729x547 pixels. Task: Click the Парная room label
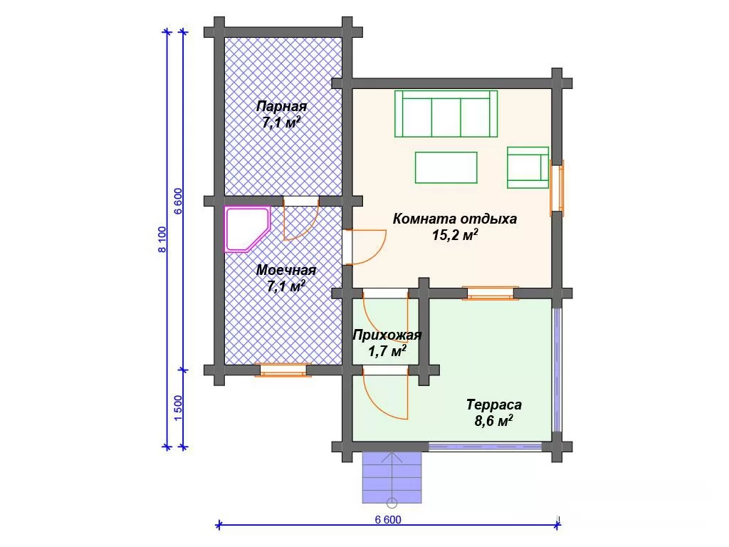[282, 107]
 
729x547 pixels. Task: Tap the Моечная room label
[286, 270]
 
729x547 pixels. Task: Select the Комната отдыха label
[455, 219]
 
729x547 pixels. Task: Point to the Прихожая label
[387, 335]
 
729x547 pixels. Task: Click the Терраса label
[494, 405]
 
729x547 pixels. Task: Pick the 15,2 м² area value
[455, 235]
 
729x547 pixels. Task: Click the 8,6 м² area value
[493, 422]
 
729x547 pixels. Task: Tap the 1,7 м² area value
[387, 351]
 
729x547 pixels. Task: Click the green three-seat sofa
[446, 114]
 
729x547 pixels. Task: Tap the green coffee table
[446, 167]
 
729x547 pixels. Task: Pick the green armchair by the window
[528, 167]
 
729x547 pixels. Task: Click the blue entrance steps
[392, 477]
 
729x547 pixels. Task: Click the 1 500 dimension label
[178, 408]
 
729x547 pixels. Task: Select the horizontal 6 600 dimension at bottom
[388, 525]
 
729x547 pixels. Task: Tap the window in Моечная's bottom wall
[283, 370]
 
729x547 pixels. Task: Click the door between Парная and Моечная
[301, 218]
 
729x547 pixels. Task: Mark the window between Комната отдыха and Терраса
[491, 293]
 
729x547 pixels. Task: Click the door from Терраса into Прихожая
[385, 393]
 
